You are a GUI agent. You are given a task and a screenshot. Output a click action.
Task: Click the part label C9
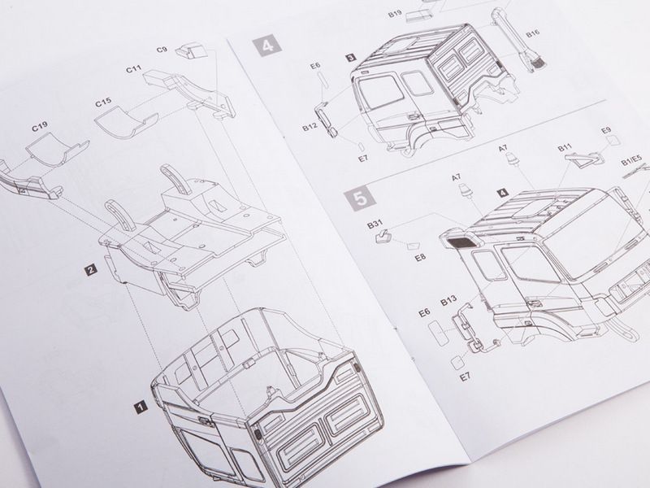[x=162, y=50]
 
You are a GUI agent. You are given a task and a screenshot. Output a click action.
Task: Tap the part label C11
[x=133, y=69]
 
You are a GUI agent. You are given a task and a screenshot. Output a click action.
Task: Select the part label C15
[x=103, y=102]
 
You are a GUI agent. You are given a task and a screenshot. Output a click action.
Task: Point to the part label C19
[x=40, y=127]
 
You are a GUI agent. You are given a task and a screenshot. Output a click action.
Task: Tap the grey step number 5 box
[x=362, y=198]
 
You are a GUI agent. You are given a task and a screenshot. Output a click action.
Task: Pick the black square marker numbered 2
[x=90, y=270]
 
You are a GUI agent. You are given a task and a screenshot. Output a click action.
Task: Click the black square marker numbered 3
[x=350, y=58]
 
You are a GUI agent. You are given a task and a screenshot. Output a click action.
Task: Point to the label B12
[x=310, y=128]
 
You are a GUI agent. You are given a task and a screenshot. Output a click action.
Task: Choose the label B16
[x=533, y=34]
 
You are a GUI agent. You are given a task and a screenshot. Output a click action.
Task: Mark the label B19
[x=395, y=14]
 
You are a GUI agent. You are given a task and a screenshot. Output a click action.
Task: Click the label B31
[x=375, y=224]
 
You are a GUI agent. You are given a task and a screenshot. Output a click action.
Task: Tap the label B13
[x=448, y=301]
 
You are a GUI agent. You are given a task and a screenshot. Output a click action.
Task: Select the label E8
[x=420, y=257]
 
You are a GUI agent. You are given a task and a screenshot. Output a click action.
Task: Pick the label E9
[x=606, y=130]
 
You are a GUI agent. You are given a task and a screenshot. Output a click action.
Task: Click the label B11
[x=565, y=147]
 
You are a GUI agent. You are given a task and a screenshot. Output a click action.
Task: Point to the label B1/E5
[x=631, y=160]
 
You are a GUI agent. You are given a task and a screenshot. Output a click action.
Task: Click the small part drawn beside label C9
[x=191, y=50]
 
